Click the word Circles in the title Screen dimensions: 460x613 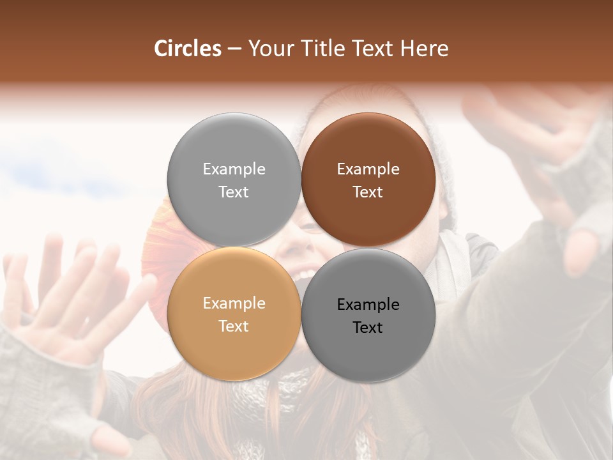coord(188,49)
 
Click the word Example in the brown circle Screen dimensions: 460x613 coord(368,169)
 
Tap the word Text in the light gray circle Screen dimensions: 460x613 coord(234,192)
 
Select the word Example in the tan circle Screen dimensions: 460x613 coord(234,303)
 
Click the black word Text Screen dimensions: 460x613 coord(368,328)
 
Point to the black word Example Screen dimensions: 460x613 coord(368,305)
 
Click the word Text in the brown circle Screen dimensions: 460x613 coord(368,192)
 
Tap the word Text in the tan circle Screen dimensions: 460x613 coord(234,326)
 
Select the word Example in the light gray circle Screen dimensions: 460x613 coord(234,169)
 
